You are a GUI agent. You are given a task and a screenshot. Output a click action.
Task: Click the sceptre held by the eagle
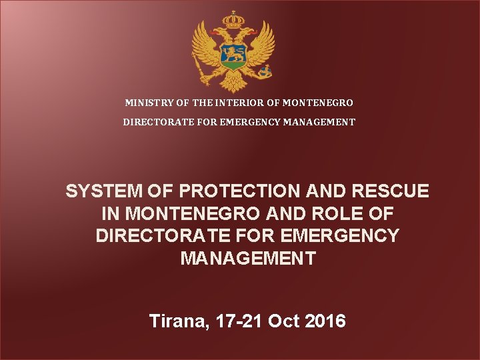point(200,67)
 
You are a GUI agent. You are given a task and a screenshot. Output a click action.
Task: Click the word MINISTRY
point(148,103)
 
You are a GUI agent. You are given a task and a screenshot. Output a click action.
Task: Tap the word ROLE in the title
point(349,215)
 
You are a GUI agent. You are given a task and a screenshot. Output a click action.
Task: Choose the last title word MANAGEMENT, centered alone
point(248,259)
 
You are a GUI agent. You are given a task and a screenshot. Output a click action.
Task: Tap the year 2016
point(325,321)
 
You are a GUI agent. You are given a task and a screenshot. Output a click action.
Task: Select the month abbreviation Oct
point(283,321)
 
